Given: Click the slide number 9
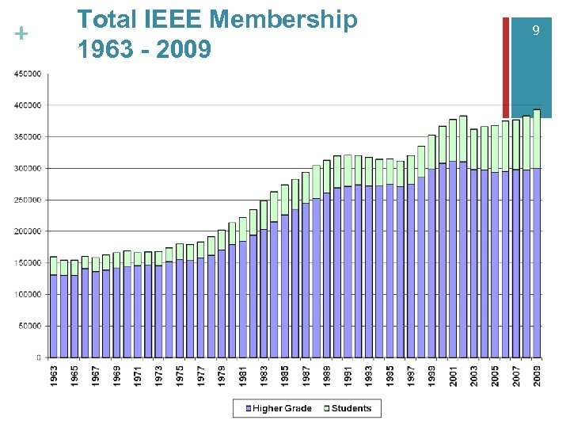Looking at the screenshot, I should [x=536, y=30].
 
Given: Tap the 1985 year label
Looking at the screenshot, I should [x=285, y=376].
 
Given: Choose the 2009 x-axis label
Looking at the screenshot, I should [x=537, y=376].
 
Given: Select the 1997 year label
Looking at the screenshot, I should [x=411, y=376].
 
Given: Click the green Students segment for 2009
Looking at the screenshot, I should [x=537, y=139].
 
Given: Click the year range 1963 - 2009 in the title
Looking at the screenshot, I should [x=144, y=50].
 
